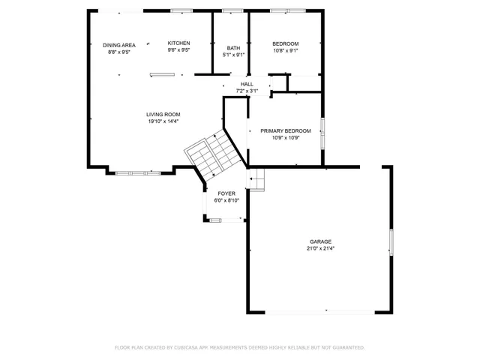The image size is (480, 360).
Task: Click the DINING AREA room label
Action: click(x=119, y=45)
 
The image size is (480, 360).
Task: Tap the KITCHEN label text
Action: click(x=178, y=43)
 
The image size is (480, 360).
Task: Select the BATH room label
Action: click(x=234, y=49)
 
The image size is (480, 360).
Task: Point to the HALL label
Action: click(x=247, y=84)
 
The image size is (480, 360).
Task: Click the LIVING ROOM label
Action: click(x=163, y=115)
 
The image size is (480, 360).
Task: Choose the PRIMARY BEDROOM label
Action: click(x=285, y=130)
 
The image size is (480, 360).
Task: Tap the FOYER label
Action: click(x=226, y=193)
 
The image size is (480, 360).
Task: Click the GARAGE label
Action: click(x=320, y=241)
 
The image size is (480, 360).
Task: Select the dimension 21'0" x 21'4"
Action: click(x=320, y=248)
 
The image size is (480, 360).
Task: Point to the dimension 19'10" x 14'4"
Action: click(x=163, y=121)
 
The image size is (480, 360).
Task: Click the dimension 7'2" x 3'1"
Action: click(x=247, y=91)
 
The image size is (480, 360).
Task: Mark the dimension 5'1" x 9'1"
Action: click(x=234, y=55)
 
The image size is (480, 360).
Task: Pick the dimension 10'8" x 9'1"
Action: click(x=285, y=50)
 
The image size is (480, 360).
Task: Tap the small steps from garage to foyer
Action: click(x=257, y=179)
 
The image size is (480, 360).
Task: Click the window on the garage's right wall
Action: click(x=390, y=241)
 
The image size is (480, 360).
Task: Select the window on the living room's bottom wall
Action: click(x=137, y=173)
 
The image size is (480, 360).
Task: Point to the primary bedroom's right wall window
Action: click(x=323, y=133)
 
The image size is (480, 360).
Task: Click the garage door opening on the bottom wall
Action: click(x=325, y=311)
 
